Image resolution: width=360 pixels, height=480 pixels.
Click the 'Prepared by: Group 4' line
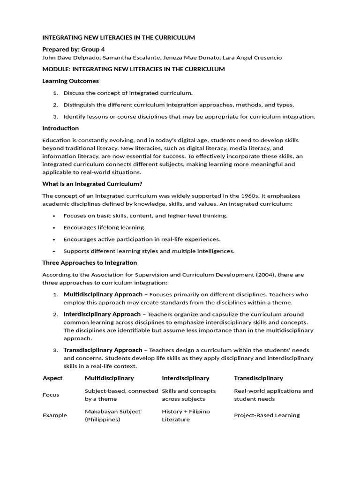point(74,49)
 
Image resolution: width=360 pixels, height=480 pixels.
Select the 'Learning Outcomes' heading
point(70,81)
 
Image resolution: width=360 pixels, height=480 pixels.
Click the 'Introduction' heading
point(60,128)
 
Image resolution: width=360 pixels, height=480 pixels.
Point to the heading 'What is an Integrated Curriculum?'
point(92,184)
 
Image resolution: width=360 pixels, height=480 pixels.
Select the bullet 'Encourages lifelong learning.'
point(105,227)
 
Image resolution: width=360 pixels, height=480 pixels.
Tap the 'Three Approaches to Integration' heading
point(90,262)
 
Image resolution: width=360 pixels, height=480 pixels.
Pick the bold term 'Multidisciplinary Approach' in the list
point(103,294)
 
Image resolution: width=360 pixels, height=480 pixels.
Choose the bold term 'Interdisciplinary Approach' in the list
point(102,314)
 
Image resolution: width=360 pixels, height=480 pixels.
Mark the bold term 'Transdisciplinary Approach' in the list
point(103,350)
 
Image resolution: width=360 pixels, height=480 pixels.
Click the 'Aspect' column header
point(52,378)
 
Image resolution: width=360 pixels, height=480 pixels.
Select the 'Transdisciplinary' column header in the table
point(258,378)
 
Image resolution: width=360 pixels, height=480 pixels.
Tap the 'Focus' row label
point(51,395)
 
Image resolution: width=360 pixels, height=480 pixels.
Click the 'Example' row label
point(55,415)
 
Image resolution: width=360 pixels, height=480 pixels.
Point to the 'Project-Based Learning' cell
point(267,415)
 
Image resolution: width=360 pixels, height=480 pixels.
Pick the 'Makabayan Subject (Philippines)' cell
point(112,415)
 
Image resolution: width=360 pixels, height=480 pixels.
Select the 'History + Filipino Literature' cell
point(186,415)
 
